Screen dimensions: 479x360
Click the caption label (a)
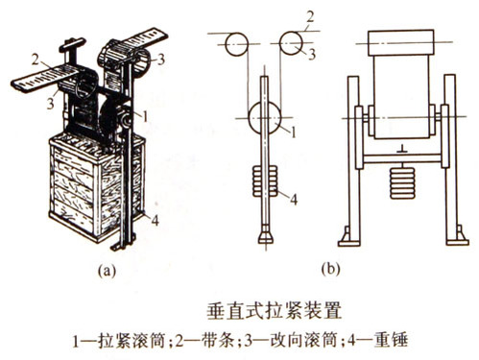tap(107, 271)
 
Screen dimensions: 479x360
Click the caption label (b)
tap(330, 269)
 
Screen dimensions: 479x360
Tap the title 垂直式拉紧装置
tap(275, 310)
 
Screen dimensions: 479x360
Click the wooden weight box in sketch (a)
tap(96, 187)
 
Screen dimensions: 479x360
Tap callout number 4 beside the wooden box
tap(155, 220)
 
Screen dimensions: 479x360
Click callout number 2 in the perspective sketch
tap(36, 60)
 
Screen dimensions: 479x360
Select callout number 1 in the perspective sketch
tap(145, 117)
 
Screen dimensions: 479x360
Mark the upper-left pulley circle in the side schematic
tap(236, 44)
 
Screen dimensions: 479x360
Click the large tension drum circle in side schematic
tap(265, 117)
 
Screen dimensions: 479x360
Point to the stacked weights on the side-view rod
tap(265, 181)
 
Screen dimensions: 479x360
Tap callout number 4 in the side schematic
tap(294, 199)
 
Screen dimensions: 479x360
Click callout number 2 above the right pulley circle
tap(310, 17)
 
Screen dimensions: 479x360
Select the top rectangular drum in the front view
tap(401, 42)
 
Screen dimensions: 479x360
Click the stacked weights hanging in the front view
tap(402, 182)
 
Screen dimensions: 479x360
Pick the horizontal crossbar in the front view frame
tap(402, 158)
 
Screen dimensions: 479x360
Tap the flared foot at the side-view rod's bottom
tap(266, 237)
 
